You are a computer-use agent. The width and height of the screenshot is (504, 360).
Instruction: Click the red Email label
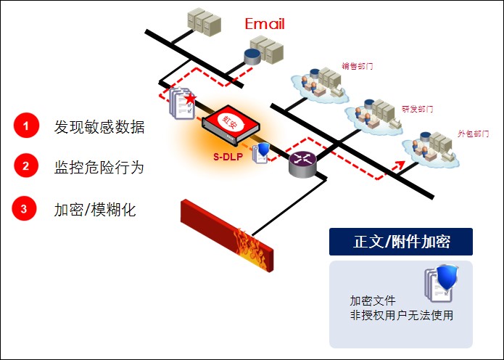click(265, 24)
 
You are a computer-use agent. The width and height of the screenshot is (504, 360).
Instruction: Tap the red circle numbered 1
click(26, 126)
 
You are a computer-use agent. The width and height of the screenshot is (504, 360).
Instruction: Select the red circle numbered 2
click(26, 166)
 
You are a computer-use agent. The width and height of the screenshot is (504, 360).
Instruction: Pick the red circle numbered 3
click(24, 209)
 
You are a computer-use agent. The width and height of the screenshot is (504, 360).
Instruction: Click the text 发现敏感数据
click(99, 127)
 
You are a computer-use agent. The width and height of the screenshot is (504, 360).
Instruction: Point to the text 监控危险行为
click(99, 167)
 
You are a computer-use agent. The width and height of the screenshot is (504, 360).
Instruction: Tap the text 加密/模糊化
click(95, 210)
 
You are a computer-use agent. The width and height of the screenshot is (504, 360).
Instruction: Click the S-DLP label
click(227, 154)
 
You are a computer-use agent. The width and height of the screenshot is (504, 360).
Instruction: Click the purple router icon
click(303, 165)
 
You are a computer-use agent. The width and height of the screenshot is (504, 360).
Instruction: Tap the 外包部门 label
click(473, 134)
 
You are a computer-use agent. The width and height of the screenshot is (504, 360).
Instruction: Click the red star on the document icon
click(190, 97)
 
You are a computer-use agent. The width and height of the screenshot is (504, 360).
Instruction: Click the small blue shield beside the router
click(265, 152)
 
